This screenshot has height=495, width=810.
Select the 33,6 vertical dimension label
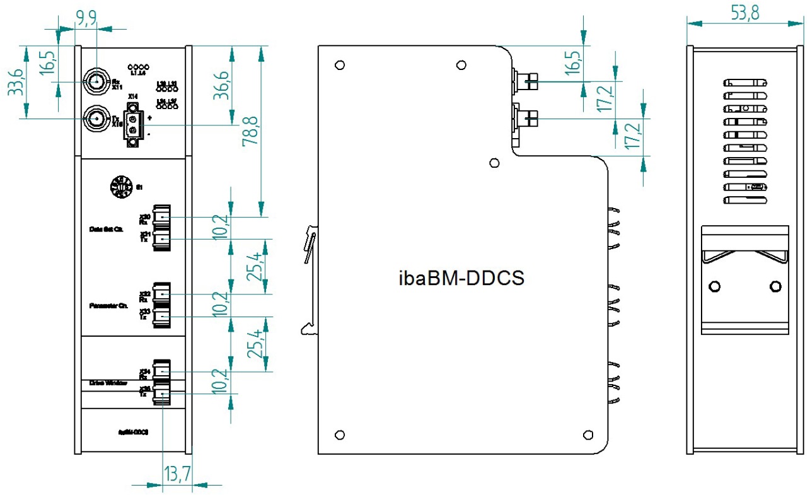(14, 82)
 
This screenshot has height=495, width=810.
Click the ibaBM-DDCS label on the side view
(461, 278)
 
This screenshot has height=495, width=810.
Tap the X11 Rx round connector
(96, 82)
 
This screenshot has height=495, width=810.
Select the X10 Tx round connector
(96, 118)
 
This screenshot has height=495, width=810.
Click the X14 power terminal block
(132, 125)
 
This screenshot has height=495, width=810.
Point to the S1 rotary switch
(120, 187)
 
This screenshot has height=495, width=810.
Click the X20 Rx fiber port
(162, 217)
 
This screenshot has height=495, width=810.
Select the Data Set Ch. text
(105, 229)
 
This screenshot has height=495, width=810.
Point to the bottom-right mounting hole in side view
(588, 434)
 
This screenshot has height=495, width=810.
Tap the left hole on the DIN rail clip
(714, 287)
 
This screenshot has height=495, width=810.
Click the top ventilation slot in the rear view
(745, 83)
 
